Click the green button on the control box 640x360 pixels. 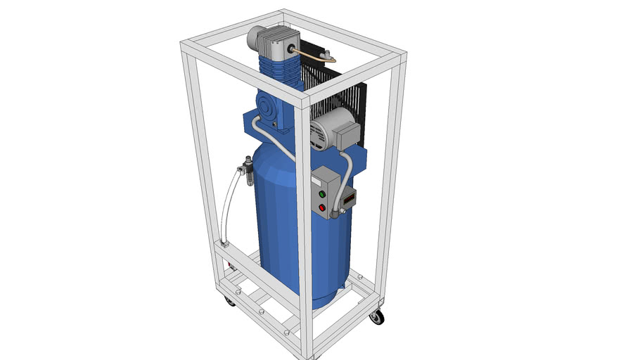tap(322, 193)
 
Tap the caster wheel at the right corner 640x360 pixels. tap(377, 317)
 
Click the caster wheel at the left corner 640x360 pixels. tap(230, 300)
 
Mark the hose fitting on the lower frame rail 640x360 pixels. tap(224, 243)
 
